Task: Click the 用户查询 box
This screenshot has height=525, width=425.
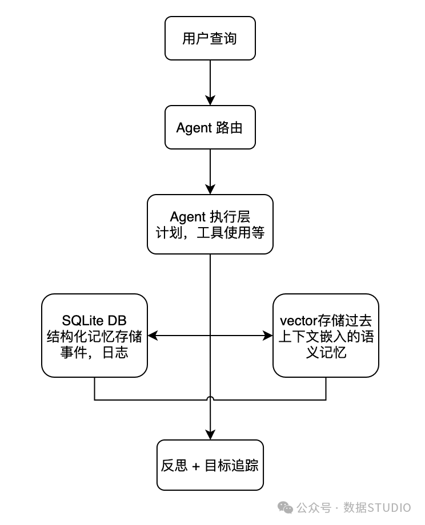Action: click(x=210, y=38)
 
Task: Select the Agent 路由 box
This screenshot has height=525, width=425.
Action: click(x=210, y=127)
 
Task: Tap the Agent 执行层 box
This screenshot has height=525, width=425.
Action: click(x=210, y=224)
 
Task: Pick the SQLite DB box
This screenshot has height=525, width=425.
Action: click(x=94, y=336)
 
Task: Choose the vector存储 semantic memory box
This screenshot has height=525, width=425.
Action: click(x=326, y=336)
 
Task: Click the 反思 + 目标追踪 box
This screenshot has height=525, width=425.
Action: click(x=210, y=465)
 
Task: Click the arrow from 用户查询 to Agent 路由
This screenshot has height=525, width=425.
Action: click(x=210, y=83)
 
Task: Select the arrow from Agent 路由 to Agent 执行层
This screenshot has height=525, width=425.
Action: click(x=210, y=172)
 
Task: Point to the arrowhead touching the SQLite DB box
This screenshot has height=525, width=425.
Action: click(x=153, y=336)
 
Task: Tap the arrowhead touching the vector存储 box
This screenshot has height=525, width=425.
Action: click(x=268, y=336)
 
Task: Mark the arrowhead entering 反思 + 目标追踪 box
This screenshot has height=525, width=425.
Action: click(x=210, y=435)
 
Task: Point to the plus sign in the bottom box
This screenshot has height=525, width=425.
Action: click(x=196, y=466)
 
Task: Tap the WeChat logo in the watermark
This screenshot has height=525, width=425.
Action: click(x=285, y=507)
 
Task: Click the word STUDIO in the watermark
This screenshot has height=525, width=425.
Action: click(x=389, y=507)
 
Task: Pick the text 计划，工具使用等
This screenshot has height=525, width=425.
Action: click(x=210, y=232)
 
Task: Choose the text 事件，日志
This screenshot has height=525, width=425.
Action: click(x=94, y=352)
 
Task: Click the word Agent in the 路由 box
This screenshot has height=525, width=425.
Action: click(x=194, y=128)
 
